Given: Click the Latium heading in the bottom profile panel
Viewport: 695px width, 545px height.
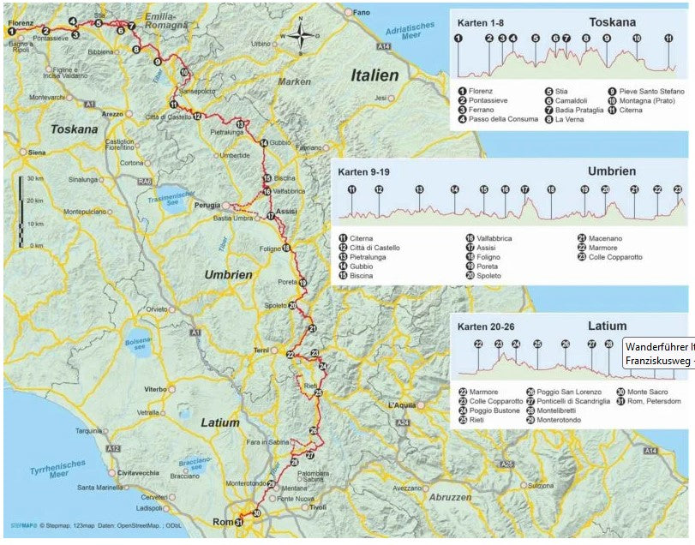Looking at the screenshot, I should tap(608, 326).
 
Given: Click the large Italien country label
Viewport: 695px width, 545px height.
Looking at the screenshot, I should tap(374, 75).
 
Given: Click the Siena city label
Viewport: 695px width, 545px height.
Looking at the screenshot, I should tap(36, 152).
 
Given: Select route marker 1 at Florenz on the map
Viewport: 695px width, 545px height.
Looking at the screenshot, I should tap(12, 31).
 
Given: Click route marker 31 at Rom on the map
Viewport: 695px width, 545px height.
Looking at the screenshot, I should tap(239, 523).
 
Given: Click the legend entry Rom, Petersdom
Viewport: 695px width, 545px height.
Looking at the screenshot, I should tap(654, 401).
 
